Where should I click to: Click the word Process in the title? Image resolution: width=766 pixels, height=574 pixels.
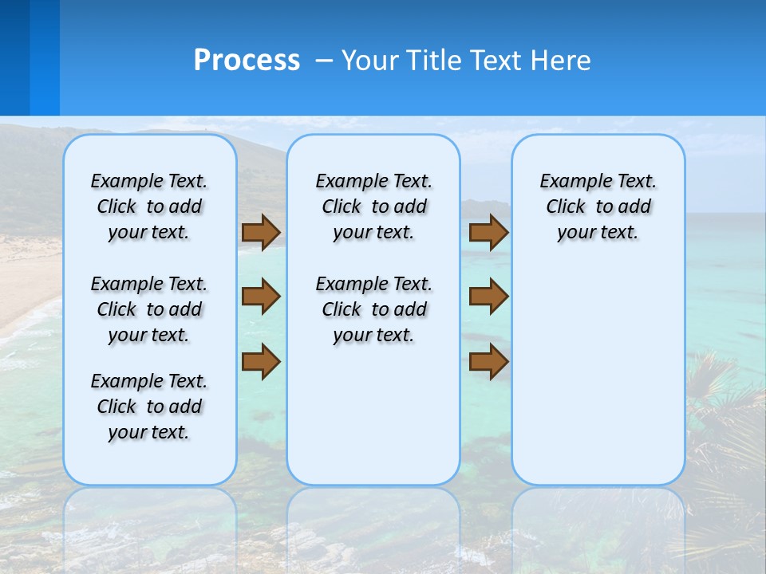(247, 61)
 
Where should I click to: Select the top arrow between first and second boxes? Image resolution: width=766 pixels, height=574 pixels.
(261, 232)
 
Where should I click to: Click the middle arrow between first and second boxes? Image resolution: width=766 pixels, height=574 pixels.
(261, 297)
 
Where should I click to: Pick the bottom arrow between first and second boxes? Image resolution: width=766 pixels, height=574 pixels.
(261, 361)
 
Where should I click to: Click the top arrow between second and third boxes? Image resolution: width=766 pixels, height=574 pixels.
(488, 232)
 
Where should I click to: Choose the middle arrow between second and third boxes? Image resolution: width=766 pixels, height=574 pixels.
(488, 297)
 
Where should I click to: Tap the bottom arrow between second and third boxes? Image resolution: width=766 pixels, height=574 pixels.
(488, 361)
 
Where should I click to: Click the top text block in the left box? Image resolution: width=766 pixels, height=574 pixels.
(149, 206)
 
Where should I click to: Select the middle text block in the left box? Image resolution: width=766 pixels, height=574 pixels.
(149, 309)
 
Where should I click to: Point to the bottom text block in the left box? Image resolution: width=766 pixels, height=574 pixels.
(149, 407)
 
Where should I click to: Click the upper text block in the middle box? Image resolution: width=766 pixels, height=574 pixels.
(373, 206)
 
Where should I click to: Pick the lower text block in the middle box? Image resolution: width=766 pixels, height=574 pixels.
(373, 309)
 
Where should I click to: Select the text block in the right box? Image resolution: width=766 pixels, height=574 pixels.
(598, 206)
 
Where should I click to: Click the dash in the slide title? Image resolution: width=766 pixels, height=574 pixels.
(324, 61)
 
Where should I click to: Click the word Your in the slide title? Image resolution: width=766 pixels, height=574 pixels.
(368, 61)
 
